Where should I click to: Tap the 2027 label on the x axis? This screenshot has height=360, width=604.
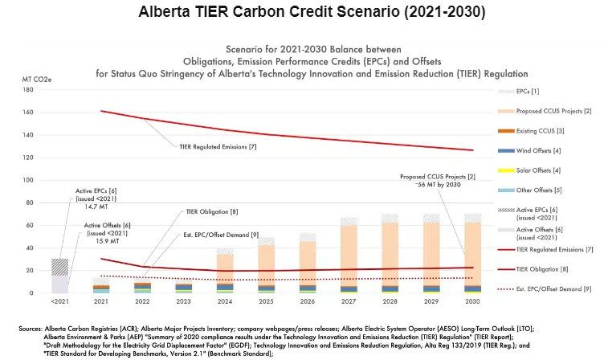point(349,301)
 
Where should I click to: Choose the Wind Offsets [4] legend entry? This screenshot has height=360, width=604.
point(535,150)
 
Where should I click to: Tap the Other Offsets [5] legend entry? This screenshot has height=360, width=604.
point(536,190)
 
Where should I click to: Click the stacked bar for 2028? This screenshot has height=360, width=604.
point(390,257)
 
